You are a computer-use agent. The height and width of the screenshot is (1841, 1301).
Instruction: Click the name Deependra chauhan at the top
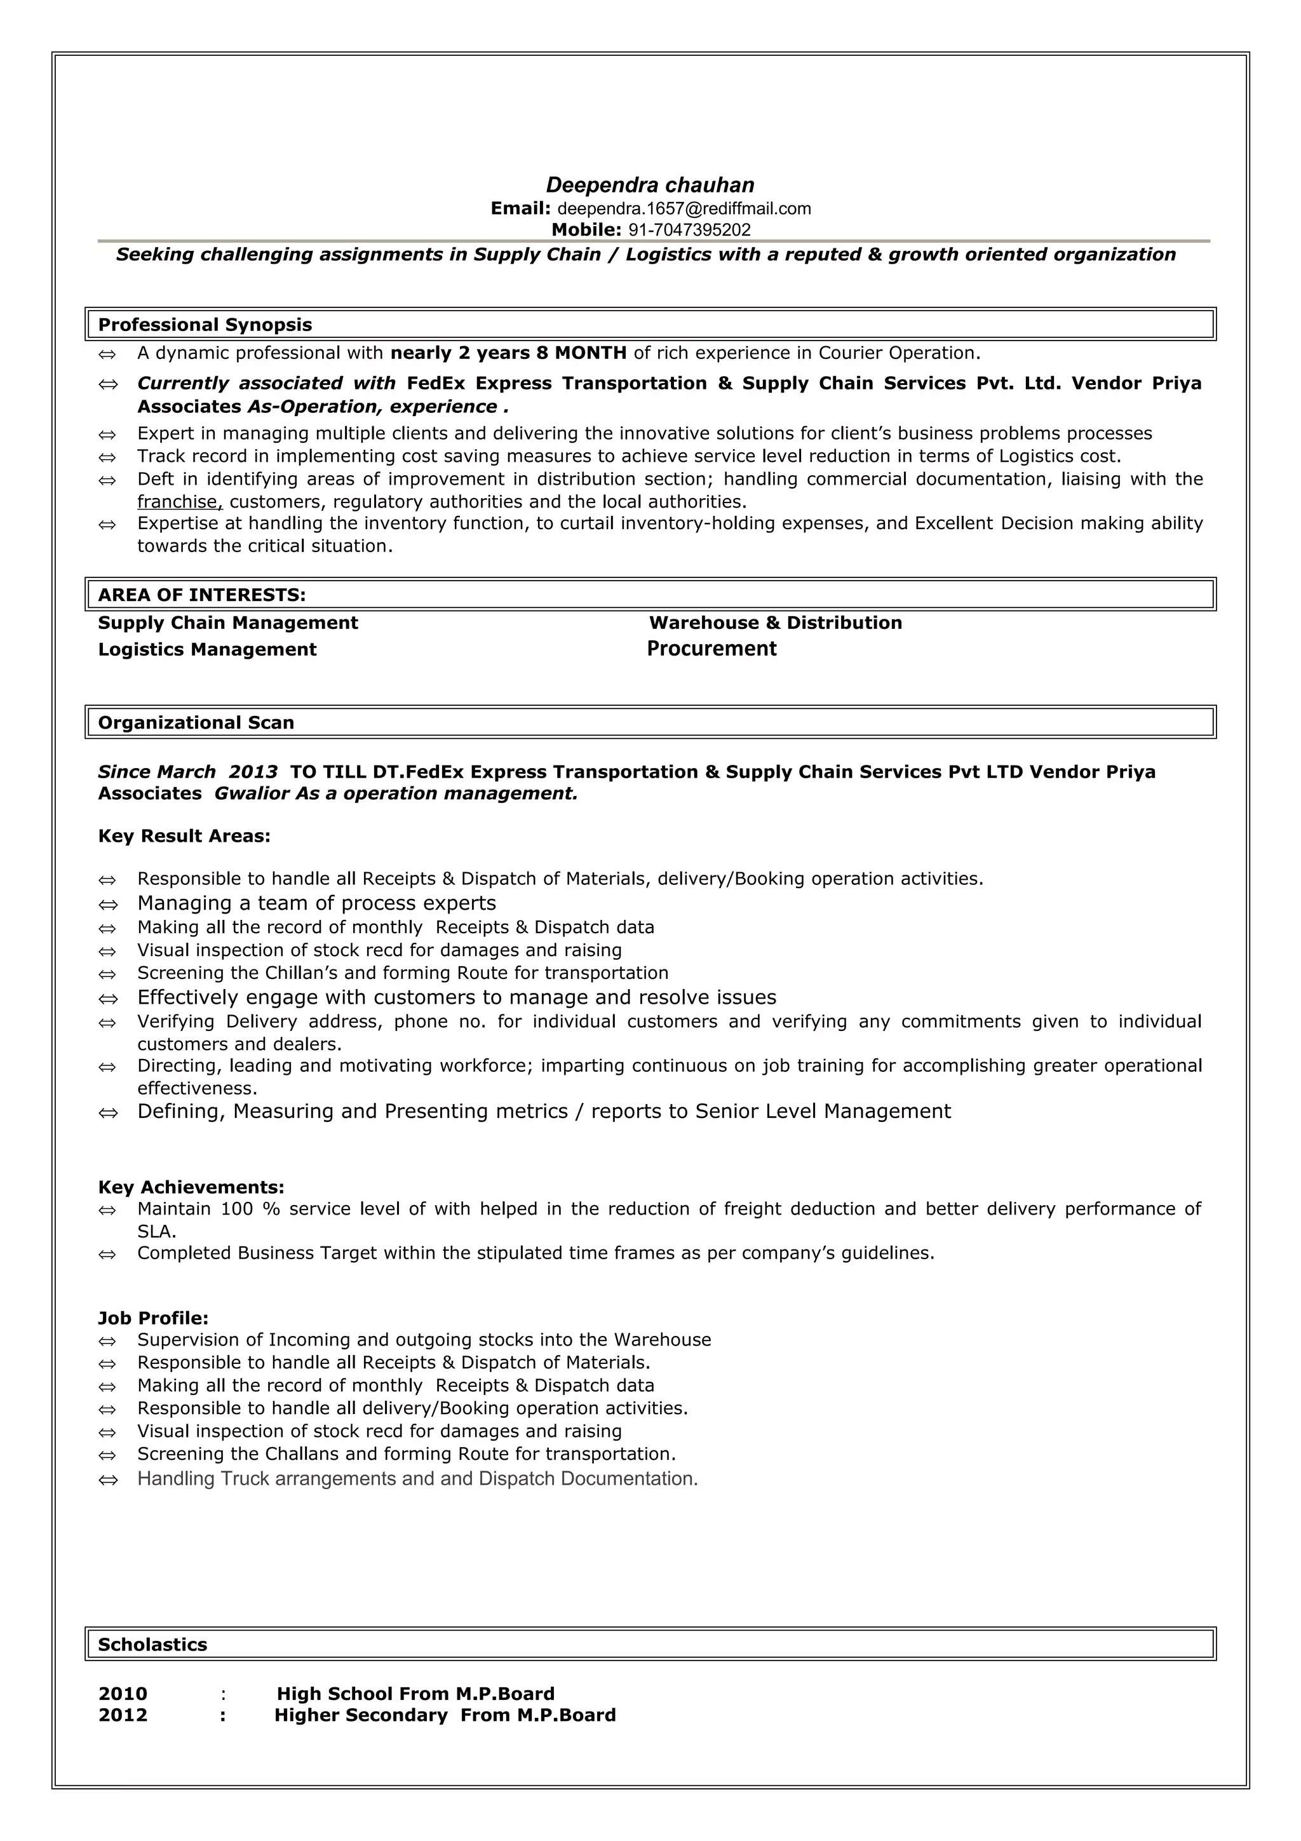coord(650,185)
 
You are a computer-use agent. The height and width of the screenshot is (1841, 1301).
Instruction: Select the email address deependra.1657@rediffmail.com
coord(684,209)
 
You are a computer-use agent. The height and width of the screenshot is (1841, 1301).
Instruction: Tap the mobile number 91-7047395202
coord(689,230)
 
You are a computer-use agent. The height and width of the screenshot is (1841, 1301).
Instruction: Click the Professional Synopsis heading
coord(205,325)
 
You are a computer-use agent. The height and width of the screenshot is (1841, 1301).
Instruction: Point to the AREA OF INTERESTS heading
coord(201,595)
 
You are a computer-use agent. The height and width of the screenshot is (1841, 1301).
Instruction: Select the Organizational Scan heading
coord(196,722)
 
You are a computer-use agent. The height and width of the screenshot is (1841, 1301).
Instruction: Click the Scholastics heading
coord(152,1645)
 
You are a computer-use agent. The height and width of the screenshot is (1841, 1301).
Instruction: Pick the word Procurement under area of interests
coord(712,649)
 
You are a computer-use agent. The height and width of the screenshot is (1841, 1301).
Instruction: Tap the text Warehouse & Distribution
coord(775,623)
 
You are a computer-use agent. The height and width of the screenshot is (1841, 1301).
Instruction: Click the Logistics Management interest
coord(207,649)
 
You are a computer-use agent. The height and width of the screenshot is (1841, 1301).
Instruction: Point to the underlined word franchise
coord(178,502)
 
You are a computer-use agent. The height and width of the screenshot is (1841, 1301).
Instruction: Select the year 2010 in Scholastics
coord(123,1694)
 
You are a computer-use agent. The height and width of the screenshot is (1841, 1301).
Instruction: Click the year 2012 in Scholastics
coord(123,1715)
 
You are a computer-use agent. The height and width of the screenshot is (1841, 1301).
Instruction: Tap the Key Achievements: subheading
coord(191,1187)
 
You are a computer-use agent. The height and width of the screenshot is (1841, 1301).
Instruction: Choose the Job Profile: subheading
coord(153,1318)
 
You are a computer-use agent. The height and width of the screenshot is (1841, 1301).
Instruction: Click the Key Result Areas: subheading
coord(184,836)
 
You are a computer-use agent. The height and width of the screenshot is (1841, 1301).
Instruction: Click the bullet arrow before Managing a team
coord(107,905)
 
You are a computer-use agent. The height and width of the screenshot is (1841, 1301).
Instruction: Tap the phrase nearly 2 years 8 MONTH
coord(508,353)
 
